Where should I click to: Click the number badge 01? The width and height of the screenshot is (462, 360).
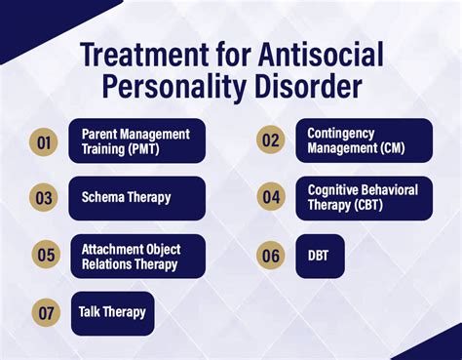point(43,141)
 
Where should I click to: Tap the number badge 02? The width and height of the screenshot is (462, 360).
point(270,140)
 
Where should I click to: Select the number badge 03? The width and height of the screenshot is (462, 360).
point(43,198)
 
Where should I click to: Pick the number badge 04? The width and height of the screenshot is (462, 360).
point(270,197)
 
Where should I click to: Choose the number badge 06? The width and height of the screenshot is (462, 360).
point(270,255)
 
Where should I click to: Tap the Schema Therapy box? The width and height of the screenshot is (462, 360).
point(136,198)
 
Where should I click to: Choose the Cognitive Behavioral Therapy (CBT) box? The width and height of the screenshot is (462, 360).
point(363,197)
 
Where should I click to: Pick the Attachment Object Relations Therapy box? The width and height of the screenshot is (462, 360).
point(136,256)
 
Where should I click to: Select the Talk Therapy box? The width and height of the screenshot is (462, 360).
point(112,313)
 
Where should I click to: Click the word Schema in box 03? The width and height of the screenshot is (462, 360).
point(102,198)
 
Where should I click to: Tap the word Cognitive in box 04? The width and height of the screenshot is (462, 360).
point(334,189)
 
